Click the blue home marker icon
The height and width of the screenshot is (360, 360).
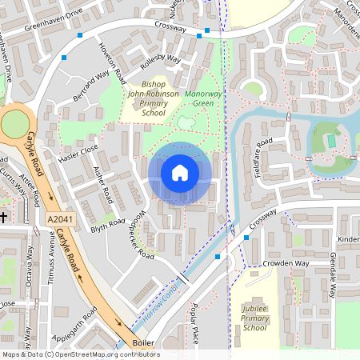click(x=180, y=172)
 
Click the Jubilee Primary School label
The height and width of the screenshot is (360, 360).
click(x=254, y=317)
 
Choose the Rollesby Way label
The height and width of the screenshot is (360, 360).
click(x=160, y=66)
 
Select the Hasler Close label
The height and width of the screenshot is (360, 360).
click(x=78, y=150)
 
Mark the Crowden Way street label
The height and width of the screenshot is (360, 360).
click(x=284, y=263)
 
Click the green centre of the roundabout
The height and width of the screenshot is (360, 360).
click(x=14, y=124)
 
